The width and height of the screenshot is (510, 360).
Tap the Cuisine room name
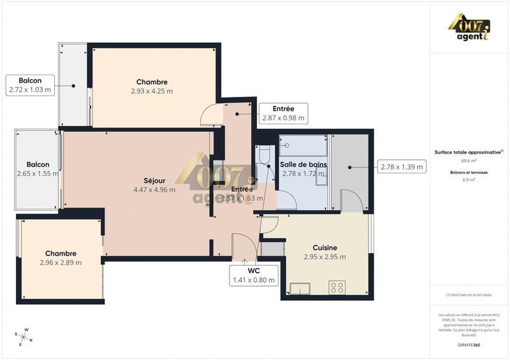point(325,248)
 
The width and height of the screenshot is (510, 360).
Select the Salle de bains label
point(303,164)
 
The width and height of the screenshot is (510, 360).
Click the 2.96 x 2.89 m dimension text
point(61,263)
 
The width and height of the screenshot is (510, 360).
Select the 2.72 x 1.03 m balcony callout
point(30,85)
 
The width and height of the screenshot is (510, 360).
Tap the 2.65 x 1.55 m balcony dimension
point(38,173)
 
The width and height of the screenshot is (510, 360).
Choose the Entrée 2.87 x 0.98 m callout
point(284,113)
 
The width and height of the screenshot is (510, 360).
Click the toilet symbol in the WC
point(263,155)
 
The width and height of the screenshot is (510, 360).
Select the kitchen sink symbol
point(300,289)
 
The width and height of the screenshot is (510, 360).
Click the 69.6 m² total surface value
point(469,161)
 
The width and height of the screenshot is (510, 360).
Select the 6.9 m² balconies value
point(469,180)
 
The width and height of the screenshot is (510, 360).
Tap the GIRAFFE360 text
point(469,345)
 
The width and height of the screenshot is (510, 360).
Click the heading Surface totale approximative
point(469,152)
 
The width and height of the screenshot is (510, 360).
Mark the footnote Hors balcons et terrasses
point(469,294)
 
